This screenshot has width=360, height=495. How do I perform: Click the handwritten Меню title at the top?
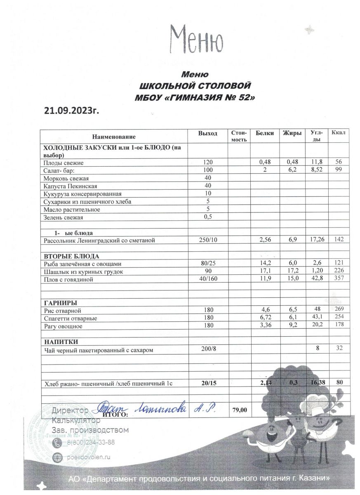point(197,40)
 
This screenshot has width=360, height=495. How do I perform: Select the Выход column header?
point(207,133)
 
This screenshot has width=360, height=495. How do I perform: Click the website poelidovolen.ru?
point(89,457)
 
